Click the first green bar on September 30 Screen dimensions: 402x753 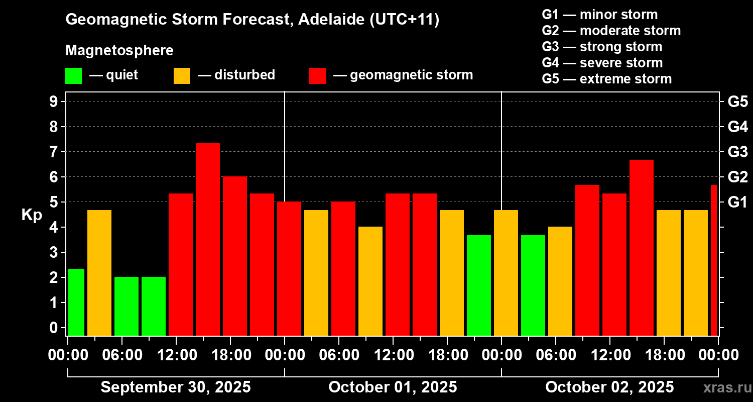click(x=76, y=302)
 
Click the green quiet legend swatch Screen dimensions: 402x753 click(x=74, y=76)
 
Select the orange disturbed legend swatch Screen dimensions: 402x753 click(x=182, y=76)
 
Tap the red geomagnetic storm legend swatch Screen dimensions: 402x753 click(x=318, y=76)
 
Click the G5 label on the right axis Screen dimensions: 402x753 click(x=737, y=102)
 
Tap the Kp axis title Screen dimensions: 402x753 click(x=32, y=215)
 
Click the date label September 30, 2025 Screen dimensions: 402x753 click(x=176, y=387)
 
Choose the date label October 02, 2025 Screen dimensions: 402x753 click(x=609, y=387)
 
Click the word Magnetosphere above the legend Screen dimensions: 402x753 click(x=119, y=51)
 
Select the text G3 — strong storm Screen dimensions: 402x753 click(x=602, y=47)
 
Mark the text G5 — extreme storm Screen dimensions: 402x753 click(x=606, y=79)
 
